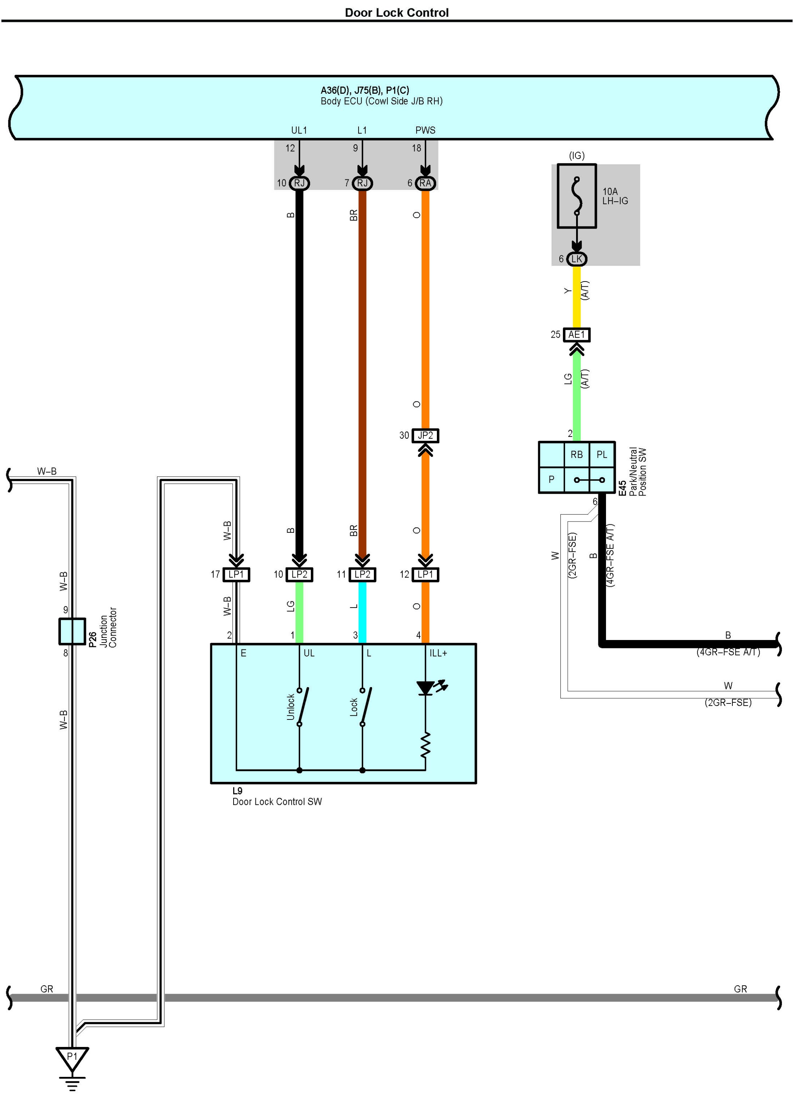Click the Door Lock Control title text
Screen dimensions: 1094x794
(x=396, y=12)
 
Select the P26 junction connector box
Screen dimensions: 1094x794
(x=72, y=631)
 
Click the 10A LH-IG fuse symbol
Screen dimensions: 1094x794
(x=576, y=196)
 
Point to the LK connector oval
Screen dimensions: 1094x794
(x=576, y=259)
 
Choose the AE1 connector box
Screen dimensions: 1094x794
(x=576, y=335)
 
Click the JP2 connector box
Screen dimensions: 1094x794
(x=425, y=435)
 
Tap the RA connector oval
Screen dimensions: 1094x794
(x=425, y=183)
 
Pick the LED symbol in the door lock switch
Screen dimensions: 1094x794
(x=426, y=688)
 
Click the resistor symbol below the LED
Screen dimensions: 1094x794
(x=425, y=745)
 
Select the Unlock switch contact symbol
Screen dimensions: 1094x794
(x=301, y=707)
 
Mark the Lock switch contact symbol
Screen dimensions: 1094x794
(x=364, y=707)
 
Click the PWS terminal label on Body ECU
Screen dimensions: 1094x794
(x=425, y=130)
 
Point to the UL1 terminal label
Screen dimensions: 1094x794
(x=299, y=130)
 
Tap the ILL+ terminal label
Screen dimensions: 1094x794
(x=438, y=653)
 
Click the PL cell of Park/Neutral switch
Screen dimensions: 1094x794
(x=602, y=454)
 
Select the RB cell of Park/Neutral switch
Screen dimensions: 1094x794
(x=576, y=454)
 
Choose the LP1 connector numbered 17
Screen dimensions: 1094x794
(x=236, y=574)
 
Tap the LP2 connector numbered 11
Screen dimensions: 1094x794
(x=363, y=574)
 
